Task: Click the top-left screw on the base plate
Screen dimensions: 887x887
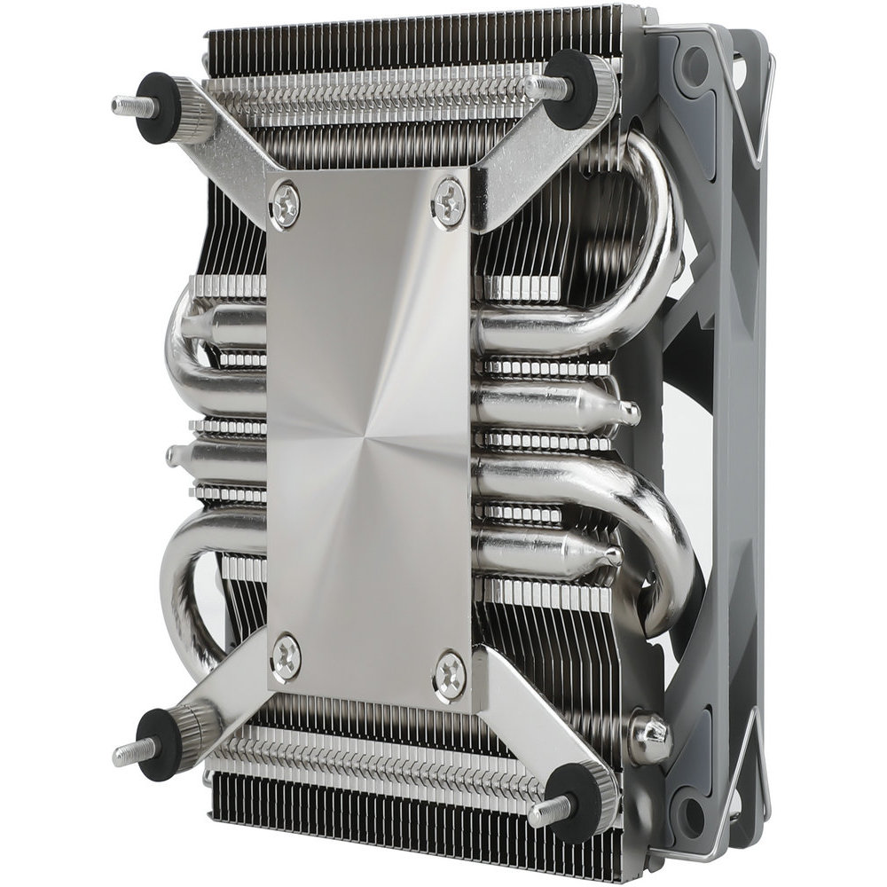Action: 286,205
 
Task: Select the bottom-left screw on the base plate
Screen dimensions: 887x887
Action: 286,657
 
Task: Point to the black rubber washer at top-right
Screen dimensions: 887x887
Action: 569,90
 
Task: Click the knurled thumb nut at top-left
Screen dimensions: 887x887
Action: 193,110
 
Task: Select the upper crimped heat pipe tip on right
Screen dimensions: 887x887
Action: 627,412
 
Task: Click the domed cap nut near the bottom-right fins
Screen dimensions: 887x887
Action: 649,736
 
